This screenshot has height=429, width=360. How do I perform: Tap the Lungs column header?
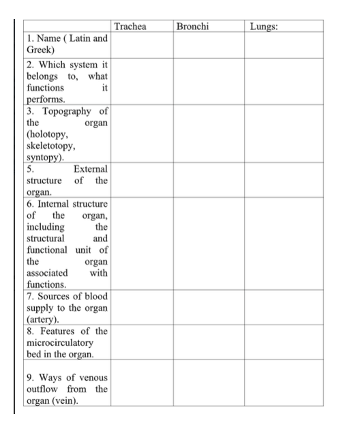[x=266, y=26]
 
